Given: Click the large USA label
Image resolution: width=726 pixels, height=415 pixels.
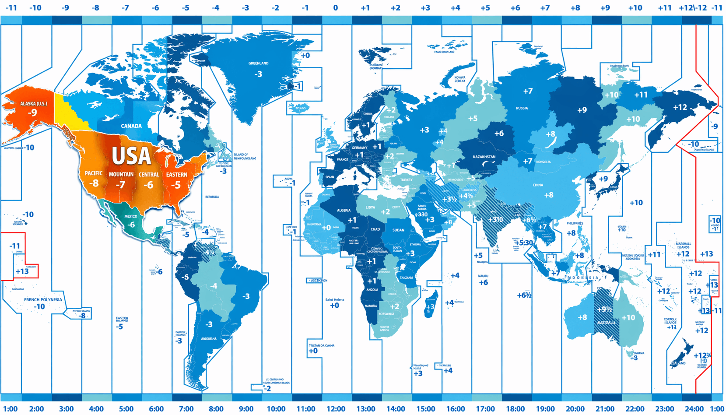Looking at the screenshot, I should (131, 155).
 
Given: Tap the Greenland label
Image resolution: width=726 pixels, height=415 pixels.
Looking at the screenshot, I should (258, 63).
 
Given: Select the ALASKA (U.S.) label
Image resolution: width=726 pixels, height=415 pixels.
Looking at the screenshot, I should (33, 104).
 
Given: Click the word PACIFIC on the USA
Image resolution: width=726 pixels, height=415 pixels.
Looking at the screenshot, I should (94, 173).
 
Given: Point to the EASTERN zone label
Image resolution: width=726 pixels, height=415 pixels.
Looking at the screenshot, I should (176, 175).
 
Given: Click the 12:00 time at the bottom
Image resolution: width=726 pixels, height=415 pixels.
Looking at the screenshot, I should (336, 409).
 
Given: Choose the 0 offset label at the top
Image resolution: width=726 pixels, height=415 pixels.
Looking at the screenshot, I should (335, 8).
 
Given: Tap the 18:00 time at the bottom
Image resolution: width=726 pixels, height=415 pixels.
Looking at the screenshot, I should (515, 409).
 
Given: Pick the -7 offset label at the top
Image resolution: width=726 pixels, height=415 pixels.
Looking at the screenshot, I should (126, 8).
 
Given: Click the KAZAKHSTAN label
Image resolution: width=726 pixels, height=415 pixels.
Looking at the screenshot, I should (484, 157).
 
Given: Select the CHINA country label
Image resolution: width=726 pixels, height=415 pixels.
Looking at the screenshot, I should (538, 185).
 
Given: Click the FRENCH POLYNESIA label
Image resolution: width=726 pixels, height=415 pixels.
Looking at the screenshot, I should (43, 300).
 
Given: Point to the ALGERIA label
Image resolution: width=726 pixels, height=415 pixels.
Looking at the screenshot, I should (344, 211).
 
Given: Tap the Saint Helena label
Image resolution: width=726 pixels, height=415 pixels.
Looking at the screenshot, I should (335, 300).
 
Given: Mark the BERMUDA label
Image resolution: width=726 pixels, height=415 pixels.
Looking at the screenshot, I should (212, 197).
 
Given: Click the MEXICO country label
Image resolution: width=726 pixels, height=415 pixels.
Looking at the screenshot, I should (130, 216).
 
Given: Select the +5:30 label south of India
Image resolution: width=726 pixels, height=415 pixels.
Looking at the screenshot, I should (524, 243).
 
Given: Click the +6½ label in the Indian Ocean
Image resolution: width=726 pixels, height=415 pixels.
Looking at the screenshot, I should (524, 295).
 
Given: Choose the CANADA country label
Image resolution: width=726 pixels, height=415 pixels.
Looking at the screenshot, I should (131, 126).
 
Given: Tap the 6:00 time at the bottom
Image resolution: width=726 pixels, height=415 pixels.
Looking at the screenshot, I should (156, 409).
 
